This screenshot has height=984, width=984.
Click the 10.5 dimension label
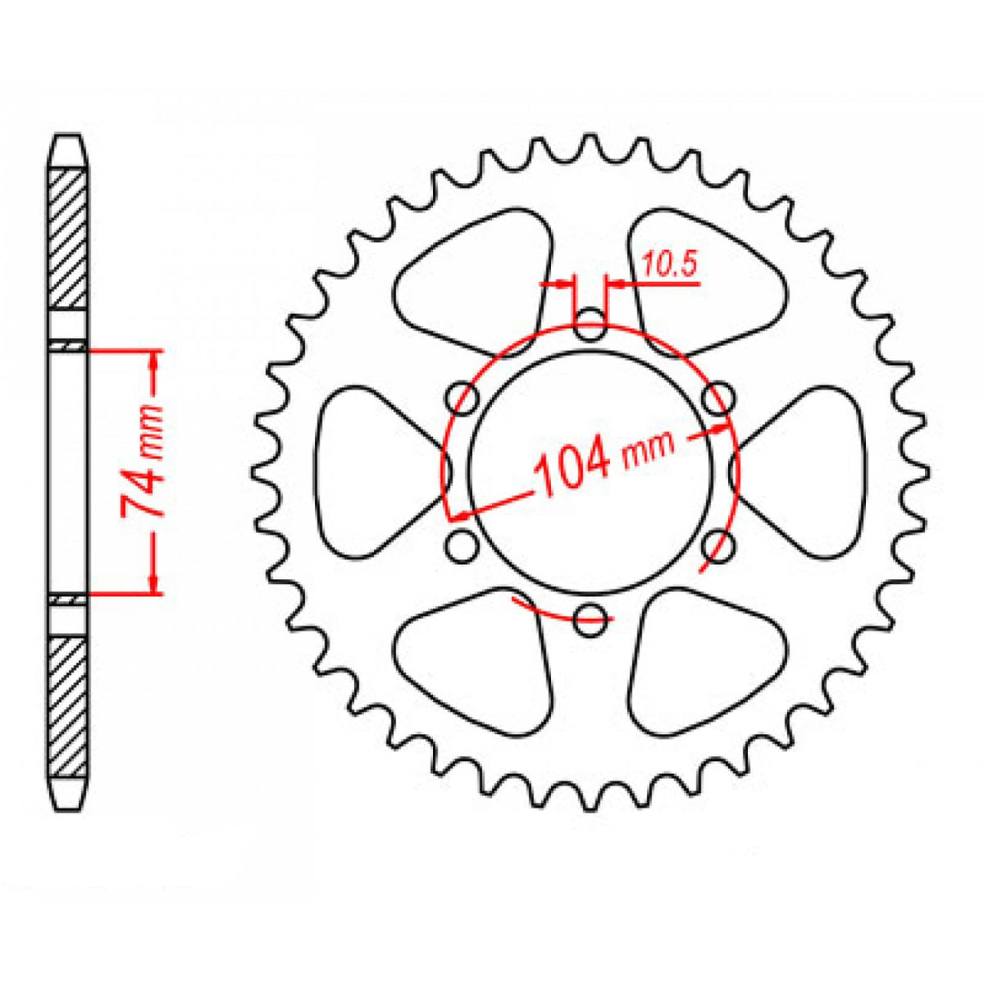tap(668, 264)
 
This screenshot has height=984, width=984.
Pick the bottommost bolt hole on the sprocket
tap(590, 619)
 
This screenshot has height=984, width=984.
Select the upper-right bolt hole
tap(718, 399)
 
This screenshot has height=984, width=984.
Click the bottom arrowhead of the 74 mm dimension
tap(154, 584)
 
